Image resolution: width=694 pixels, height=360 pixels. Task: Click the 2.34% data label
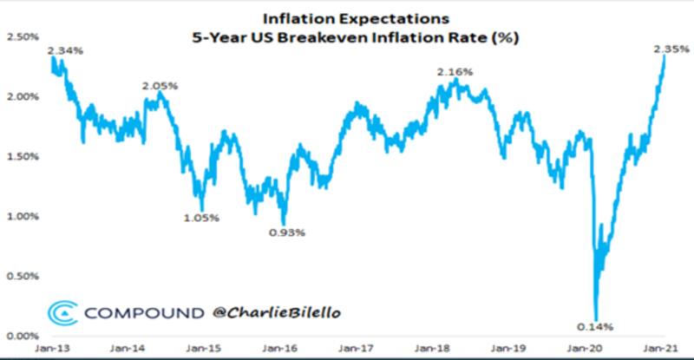coord(68,50)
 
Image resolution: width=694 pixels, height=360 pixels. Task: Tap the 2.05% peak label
coord(161,85)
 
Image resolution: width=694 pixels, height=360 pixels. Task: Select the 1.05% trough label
coord(203,218)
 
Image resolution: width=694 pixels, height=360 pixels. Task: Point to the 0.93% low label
coord(287,232)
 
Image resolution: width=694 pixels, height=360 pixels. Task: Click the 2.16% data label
coord(455,72)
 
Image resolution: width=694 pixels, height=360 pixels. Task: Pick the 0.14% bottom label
coord(596,326)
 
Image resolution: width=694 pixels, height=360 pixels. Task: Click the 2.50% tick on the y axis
coord(23,37)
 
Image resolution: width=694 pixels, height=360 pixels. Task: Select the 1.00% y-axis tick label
coord(23,217)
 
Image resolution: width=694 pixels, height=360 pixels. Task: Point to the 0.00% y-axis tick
coord(23,336)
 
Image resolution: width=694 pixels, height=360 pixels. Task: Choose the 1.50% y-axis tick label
coord(23,157)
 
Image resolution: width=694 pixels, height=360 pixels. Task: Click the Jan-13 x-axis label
coord(53,350)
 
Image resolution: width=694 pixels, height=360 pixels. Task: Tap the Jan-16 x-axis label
coord(280,350)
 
